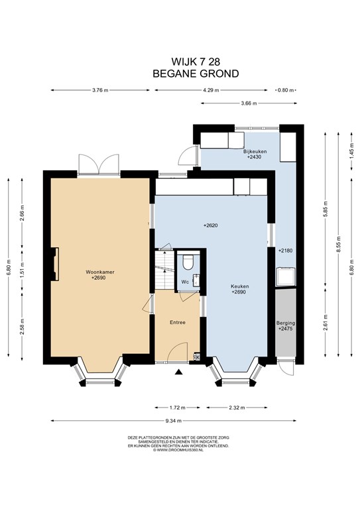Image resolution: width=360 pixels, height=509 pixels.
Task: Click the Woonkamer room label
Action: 99,272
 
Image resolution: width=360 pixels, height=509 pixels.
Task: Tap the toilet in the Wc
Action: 188,262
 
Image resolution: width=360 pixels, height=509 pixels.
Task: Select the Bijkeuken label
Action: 255,151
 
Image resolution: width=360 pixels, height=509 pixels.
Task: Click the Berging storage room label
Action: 286,323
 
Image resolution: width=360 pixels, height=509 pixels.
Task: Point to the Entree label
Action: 178,322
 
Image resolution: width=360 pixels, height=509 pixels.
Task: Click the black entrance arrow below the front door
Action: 178,372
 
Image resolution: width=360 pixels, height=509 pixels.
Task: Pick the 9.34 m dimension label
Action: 173,421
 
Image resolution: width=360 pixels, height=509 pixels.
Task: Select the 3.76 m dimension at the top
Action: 100,90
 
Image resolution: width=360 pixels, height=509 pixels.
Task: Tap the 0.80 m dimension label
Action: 286,90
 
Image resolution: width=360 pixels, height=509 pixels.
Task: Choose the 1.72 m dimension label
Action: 177,408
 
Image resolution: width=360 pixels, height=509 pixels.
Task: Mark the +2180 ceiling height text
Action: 285,251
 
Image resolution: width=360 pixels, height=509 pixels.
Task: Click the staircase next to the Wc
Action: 164,270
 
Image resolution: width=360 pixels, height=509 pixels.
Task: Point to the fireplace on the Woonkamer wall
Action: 55,264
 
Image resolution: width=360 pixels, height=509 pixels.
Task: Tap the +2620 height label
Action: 210,225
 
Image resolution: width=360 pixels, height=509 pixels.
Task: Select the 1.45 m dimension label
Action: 351,151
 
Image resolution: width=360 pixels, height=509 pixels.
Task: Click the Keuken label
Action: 240,286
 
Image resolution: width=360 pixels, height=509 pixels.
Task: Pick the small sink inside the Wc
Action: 196,280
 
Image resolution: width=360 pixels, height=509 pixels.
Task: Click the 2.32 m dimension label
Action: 237,408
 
